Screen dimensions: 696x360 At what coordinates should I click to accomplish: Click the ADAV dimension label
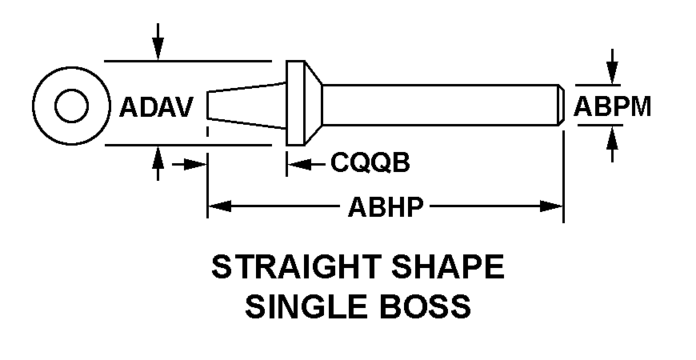pyautogui.click(x=156, y=107)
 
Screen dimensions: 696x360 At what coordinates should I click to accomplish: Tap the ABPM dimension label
pyautogui.click(x=613, y=106)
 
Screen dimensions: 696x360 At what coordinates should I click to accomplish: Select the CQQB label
pyautogui.click(x=370, y=162)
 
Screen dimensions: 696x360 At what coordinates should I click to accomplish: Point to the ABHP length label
pyautogui.click(x=386, y=206)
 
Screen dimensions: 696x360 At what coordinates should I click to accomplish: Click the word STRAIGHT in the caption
pyautogui.click(x=297, y=266)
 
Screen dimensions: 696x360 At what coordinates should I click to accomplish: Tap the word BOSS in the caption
pyautogui.click(x=424, y=306)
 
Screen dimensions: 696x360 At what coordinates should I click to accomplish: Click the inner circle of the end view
pyautogui.click(x=71, y=90)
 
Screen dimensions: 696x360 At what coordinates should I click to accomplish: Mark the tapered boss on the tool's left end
pyautogui.click(x=246, y=106)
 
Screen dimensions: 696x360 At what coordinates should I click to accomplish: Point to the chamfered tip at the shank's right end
pyautogui.click(x=562, y=105)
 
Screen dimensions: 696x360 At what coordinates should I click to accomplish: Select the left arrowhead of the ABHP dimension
pyautogui.click(x=219, y=206)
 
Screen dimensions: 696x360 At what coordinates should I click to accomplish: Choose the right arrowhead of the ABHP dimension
pyautogui.click(x=551, y=206)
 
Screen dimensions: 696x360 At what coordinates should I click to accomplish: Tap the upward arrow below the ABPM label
pyautogui.click(x=613, y=144)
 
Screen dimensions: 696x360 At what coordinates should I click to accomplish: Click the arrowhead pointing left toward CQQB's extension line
pyautogui.click(x=298, y=165)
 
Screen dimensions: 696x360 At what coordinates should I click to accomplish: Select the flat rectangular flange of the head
pyautogui.click(x=296, y=103)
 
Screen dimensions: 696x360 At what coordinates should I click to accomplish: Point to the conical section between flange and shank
pyautogui.click(x=314, y=103)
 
